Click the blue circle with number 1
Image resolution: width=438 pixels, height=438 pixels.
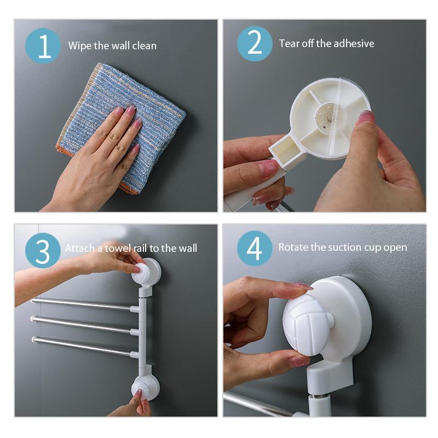click(x=43, y=45)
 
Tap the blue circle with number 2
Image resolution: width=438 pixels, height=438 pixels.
click(x=255, y=43)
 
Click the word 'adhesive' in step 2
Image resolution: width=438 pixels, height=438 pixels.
click(x=354, y=43)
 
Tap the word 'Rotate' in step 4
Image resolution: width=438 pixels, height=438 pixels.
click(x=293, y=247)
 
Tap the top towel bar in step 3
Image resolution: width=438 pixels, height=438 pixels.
click(x=82, y=304)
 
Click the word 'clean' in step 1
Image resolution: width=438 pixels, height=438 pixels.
click(x=145, y=45)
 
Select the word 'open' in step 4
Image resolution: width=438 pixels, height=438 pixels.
click(x=395, y=247)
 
